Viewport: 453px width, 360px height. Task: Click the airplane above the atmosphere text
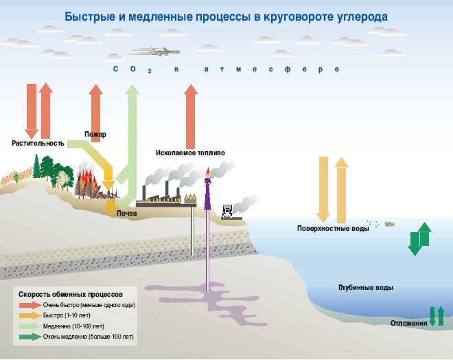click(156, 51)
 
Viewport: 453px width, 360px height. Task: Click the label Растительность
click(38, 144)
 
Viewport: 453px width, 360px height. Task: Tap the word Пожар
click(95, 134)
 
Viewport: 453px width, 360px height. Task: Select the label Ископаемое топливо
click(190, 153)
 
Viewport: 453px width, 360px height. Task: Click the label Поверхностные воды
click(333, 228)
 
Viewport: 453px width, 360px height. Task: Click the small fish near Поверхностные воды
click(389, 223)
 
